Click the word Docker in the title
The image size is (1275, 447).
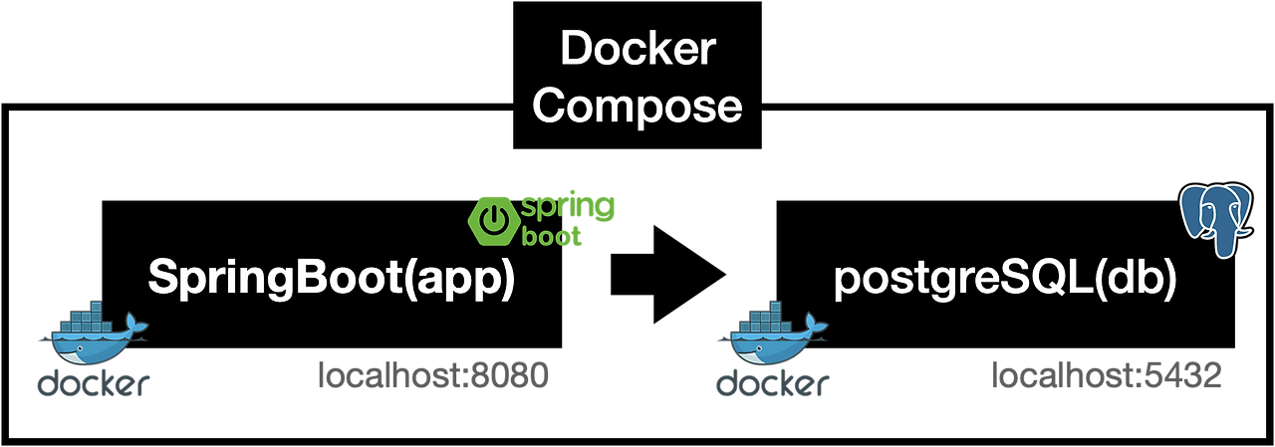coord(637,49)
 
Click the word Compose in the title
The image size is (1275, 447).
coord(637,106)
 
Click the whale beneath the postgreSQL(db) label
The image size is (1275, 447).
coord(768,338)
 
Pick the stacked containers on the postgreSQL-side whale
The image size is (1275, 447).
coord(767,318)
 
